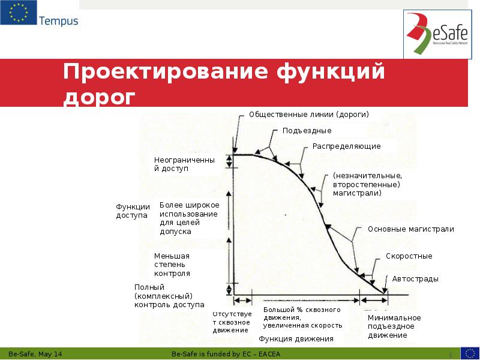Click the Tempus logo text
tap(58, 21)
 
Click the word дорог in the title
tap(100, 97)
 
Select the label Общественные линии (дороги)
tap(308, 114)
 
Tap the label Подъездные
tap(307, 130)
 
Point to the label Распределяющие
tap(346, 146)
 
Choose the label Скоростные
tap(409, 256)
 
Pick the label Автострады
tap(415, 279)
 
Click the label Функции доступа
tap(133, 211)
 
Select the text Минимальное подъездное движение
tap(394, 326)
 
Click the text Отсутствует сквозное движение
tap(232, 322)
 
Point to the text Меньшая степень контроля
tap(172, 264)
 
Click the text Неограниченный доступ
tap(184, 164)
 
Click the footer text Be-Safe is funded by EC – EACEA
tap(226, 354)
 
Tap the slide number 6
tap(451, 355)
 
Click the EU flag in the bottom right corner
tap(470, 353)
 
